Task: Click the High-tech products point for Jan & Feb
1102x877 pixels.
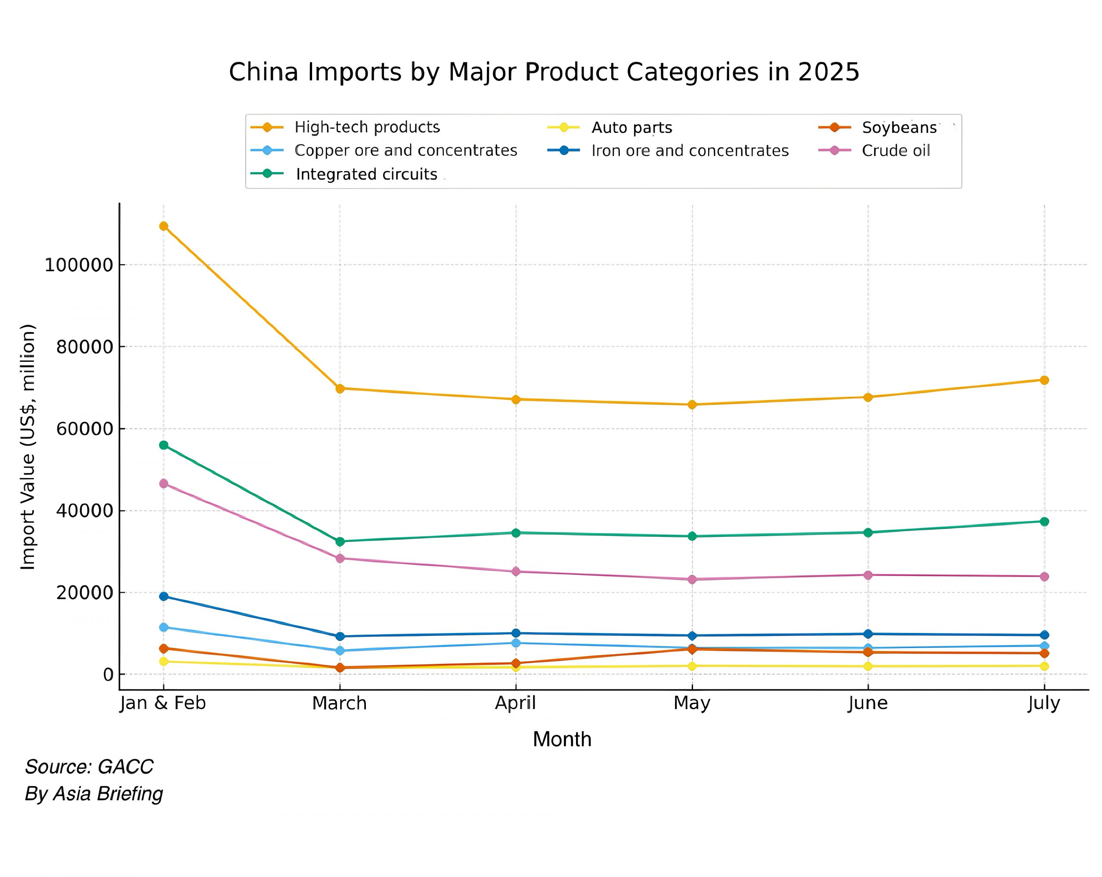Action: tap(164, 226)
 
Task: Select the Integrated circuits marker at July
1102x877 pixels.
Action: tap(1044, 521)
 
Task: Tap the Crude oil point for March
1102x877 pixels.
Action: tap(340, 558)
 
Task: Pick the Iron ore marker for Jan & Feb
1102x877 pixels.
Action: tap(164, 596)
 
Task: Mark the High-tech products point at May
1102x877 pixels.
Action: tap(692, 404)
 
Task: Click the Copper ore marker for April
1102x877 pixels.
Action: tap(516, 642)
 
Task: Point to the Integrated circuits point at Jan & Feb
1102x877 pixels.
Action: tap(164, 445)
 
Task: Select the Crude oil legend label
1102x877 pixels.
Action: tap(895, 151)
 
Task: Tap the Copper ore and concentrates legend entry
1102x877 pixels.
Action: tap(406, 150)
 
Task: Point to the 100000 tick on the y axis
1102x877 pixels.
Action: tap(79, 265)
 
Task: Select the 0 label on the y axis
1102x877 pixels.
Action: tap(108, 675)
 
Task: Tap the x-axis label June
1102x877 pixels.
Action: tap(868, 704)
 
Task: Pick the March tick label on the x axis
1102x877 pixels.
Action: tap(339, 704)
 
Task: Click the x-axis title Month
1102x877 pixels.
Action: tap(562, 740)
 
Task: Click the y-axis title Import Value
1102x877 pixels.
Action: tap(28, 447)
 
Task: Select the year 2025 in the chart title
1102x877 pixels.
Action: tap(829, 72)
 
